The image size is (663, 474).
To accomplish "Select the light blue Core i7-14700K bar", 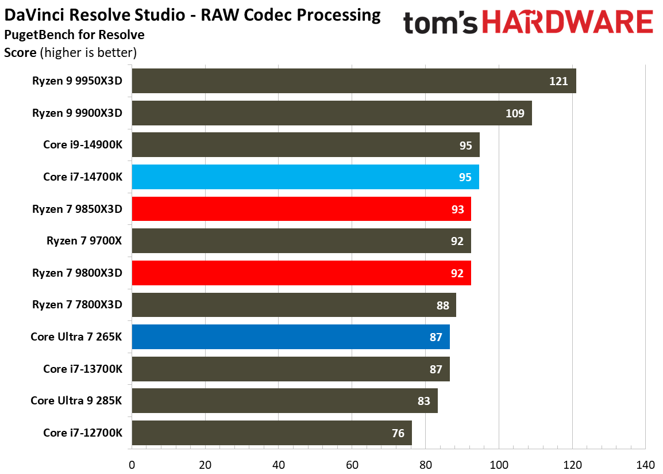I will (305, 177).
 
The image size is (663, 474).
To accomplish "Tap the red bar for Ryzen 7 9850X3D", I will (301, 209).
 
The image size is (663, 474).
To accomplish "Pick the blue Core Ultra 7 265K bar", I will (290, 337).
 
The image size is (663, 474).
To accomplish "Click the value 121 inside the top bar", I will (558, 81).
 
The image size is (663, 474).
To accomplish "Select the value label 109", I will (514, 113).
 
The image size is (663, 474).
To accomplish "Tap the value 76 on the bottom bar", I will (398, 433).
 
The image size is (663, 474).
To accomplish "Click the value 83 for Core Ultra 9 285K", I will (423, 401).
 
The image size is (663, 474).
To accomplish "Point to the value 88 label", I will (442, 305).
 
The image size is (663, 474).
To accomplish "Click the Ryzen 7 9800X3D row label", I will (78, 273).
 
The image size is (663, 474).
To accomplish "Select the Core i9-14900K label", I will (83, 145).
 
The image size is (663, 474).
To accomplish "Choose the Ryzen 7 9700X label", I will (84, 241).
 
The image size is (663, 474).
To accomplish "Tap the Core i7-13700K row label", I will (83, 369).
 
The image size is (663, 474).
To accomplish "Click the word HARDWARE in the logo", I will (566, 22).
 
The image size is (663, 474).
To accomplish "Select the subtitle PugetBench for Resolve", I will (74, 35).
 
